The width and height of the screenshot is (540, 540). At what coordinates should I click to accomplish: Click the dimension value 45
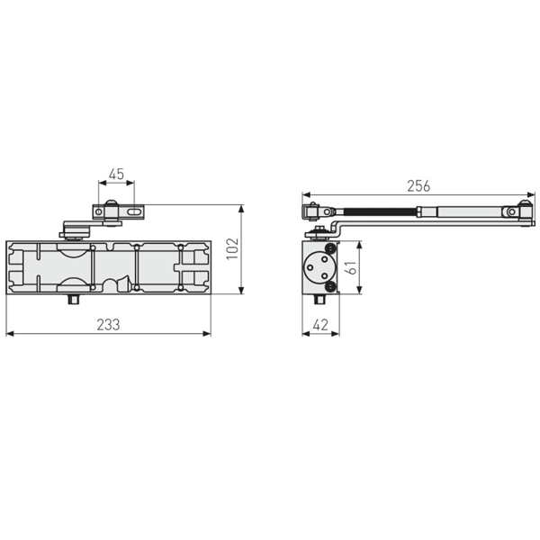point(116,174)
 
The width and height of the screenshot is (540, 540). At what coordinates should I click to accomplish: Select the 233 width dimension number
point(109,324)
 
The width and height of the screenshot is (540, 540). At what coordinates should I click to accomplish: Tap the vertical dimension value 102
point(231,249)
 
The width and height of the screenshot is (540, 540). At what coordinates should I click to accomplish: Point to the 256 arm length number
point(418,185)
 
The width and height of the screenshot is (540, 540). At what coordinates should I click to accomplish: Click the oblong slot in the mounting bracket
point(133,213)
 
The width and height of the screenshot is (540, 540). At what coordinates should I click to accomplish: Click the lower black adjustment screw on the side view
point(332,286)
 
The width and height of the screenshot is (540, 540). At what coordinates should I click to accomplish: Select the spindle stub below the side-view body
point(321,299)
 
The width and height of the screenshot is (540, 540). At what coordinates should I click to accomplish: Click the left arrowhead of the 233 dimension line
point(9,334)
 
